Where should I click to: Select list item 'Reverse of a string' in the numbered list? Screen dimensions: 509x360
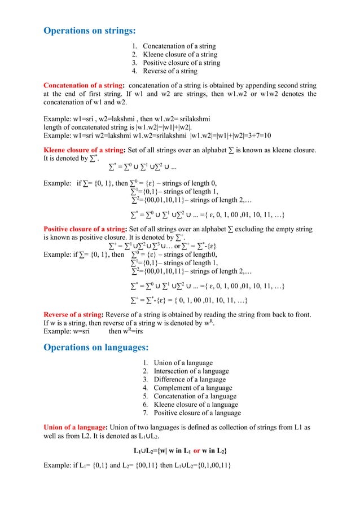(x=170, y=71)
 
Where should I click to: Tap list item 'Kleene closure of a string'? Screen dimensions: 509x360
(x=179, y=54)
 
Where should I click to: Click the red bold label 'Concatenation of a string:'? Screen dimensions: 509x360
(x=87, y=86)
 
